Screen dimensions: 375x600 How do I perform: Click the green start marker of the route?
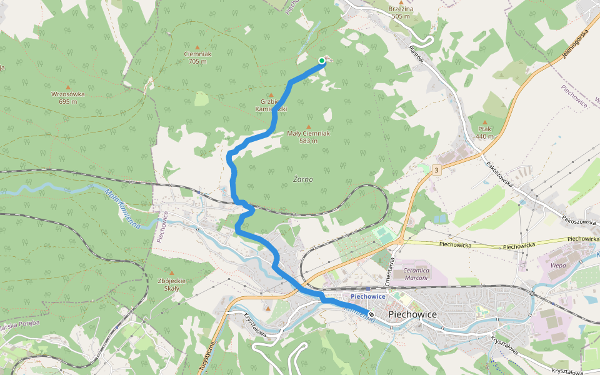tap(322, 61)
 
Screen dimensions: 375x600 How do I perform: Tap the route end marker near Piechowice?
tap(371, 314)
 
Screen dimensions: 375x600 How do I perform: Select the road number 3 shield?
tap(436, 169)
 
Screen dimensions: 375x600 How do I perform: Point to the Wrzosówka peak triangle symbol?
tap(67, 87)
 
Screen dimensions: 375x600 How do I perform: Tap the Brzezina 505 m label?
tap(401, 12)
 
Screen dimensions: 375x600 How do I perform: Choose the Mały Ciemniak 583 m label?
tap(308, 137)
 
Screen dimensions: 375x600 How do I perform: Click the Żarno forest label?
tap(302, 179)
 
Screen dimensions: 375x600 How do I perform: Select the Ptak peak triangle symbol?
tap(484, 122)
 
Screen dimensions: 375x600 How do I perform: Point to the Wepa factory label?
tap(558, 266)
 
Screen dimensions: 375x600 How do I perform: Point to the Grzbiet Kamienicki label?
tap(271, 105)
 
